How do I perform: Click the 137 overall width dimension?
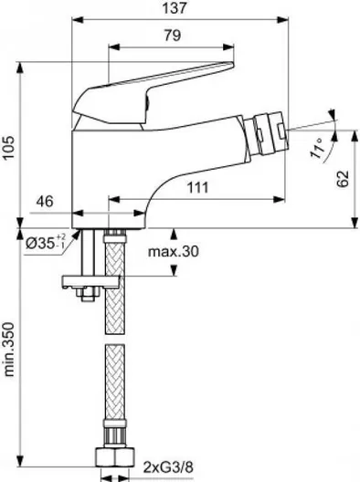pyautogui.click(x=175, y=7)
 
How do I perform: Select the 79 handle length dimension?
pyautogui.click(x=173, y=36)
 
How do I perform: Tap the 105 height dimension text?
pyautogui.click(x=8, y=147)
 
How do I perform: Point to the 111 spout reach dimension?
pyautogui.click(x=198, y=187)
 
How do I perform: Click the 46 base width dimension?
pyautogui.click(x=45, y=202)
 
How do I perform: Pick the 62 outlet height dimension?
pyautogui.click(x=343, y=178)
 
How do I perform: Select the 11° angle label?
pyautogui.click(x=318, y=148)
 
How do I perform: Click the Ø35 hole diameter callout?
pyautogui.click(x=46, y=243)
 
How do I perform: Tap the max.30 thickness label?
pyautogui.click(x=174, y=252)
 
